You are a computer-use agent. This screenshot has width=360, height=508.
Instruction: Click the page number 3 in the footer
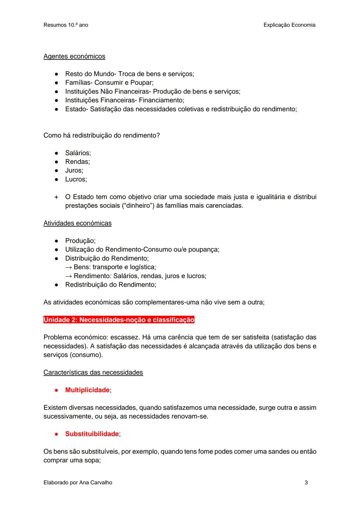coord(306,482)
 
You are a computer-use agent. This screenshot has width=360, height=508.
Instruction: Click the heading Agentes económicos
coord(74,56)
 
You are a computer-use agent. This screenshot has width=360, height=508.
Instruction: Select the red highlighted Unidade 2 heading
coord(119,320)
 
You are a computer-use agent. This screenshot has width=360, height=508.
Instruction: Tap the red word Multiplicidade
coord(87,390)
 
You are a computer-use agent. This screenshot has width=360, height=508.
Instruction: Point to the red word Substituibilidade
coord(92,434)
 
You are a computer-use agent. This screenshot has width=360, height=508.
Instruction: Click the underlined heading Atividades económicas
coord(77,223)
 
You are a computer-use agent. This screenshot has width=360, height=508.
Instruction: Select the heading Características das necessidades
coord(93,372)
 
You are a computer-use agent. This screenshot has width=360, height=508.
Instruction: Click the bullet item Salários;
coord(78,153)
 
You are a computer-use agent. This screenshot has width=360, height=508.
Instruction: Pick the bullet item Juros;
coord(74,170)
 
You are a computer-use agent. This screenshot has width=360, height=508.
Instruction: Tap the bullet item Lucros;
coord(76,179)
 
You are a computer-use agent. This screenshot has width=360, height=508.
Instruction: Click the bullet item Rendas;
coord(77,162)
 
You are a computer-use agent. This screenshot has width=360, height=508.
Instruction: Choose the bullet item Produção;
coord(80,241)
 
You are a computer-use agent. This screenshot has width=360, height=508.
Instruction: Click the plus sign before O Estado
coord(56,197)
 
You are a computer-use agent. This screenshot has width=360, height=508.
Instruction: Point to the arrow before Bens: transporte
coord(69,267)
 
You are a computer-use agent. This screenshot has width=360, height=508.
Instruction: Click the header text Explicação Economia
coord(289,25)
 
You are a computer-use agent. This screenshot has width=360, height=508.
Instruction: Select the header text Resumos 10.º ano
coord(66,25)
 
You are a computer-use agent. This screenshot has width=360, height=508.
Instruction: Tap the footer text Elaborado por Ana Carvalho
coord(78,482)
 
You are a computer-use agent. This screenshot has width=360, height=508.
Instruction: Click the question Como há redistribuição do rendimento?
coord(101,135)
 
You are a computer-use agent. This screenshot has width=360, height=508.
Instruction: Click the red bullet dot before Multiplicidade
coord(57,390)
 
